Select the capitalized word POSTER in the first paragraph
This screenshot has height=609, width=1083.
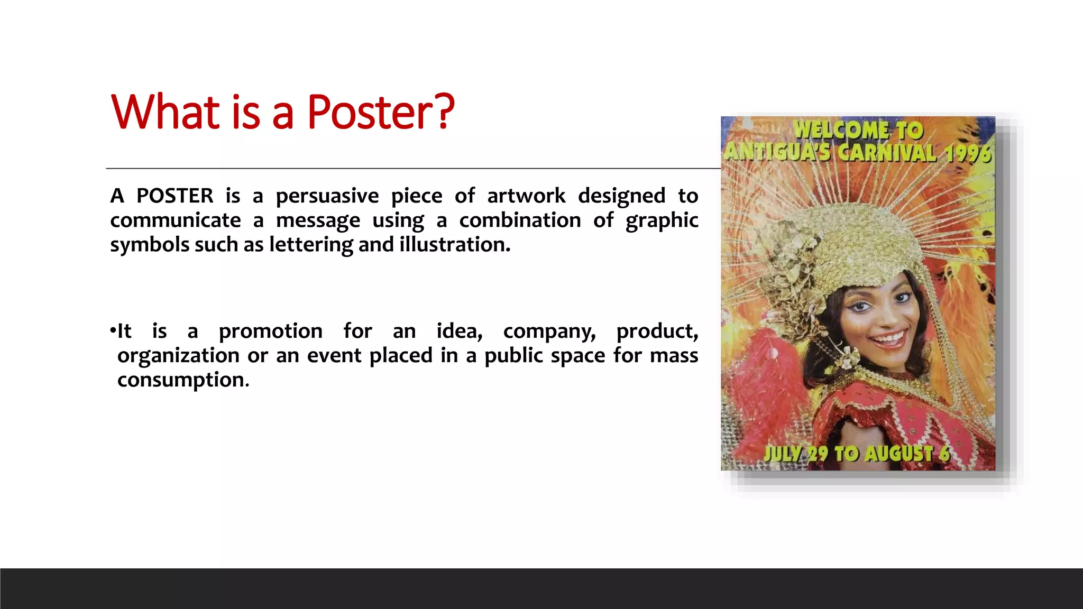175,196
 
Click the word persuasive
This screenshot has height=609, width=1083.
327,196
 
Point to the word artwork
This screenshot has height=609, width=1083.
526,196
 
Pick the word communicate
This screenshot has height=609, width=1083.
176,220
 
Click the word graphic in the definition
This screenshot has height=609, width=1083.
662,221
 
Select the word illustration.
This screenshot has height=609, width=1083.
455,245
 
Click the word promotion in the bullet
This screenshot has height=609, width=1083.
271,331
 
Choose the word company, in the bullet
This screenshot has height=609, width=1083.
549,332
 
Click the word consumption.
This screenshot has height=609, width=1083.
183,380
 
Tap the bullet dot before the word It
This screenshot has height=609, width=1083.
113,331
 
